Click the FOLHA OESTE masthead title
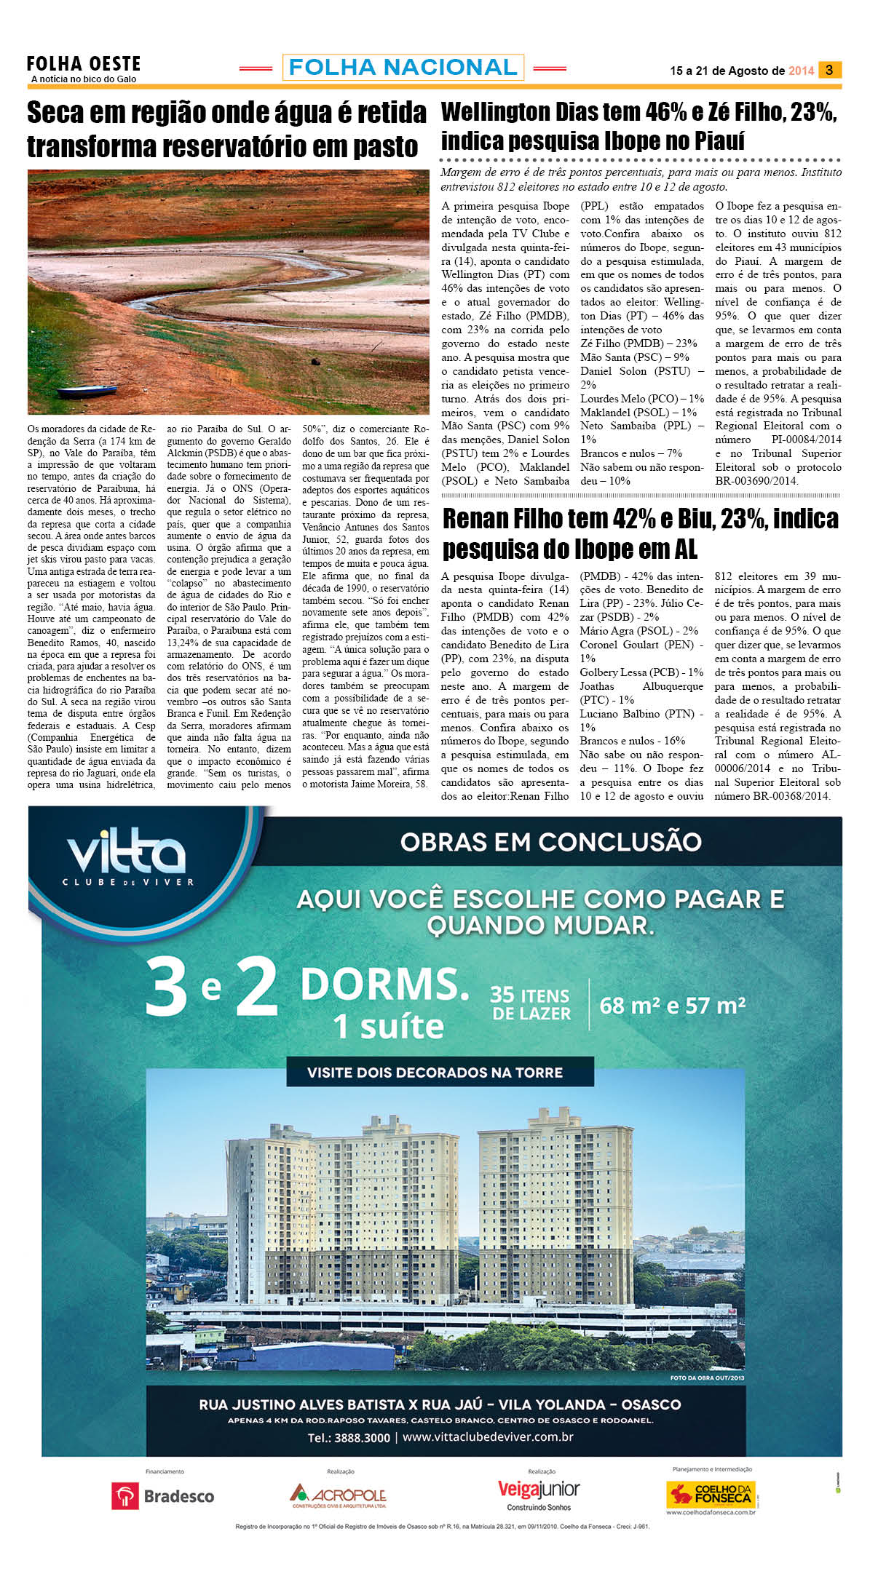tap(84, 64)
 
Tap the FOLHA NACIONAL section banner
tap(403, 68)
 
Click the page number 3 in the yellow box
tap(829, 70)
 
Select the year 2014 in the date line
tap(801, 71)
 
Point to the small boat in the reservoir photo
tap(87, 391)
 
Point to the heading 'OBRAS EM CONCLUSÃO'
tap(550, 842)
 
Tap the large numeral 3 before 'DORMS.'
tap(166, 988)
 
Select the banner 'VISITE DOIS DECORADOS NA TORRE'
tap(435, 1072)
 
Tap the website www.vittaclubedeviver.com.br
tap(488, 1437)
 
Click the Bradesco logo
tap(163, 1496)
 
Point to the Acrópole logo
tap(338, 1495)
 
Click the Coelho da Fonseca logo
tap(711, 1495)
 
